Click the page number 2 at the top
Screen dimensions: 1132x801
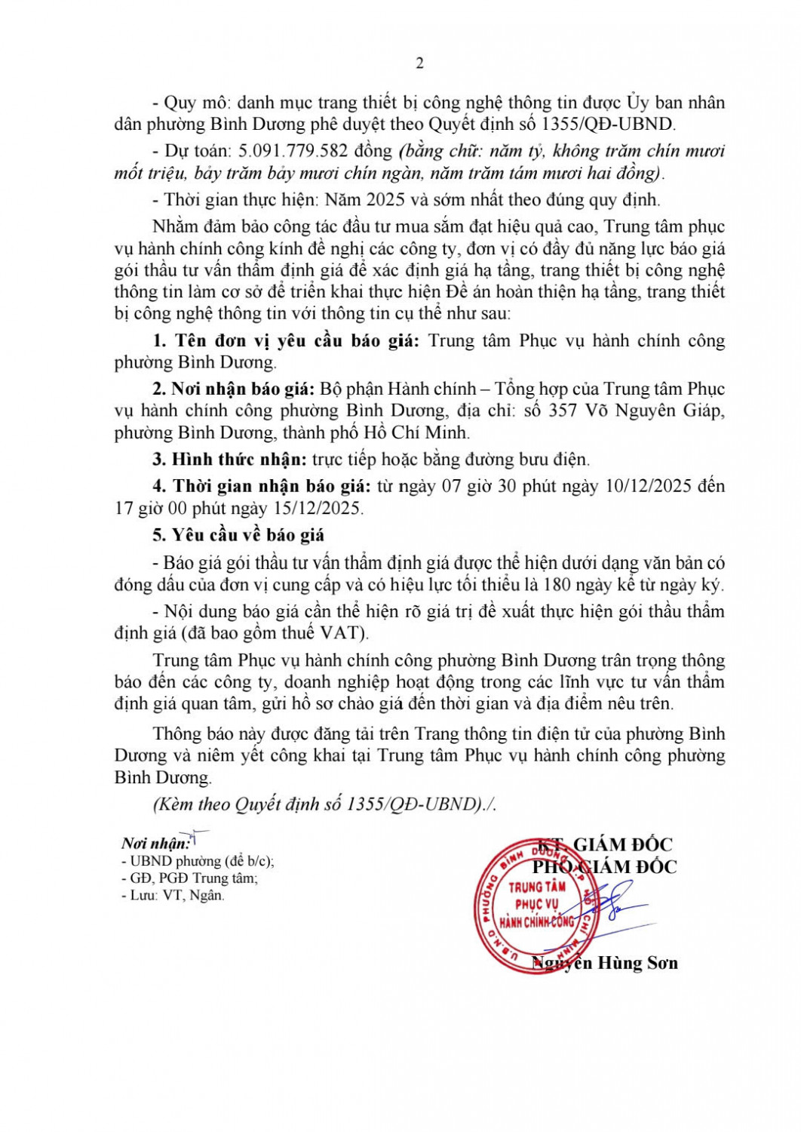419,63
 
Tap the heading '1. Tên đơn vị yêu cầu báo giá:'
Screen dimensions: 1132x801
285,340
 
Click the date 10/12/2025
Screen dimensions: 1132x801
649,486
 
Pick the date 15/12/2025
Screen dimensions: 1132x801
319,508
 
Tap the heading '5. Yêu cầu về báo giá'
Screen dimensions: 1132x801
238,535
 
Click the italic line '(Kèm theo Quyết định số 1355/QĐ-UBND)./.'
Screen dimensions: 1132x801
324,804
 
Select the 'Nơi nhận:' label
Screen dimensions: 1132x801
155,844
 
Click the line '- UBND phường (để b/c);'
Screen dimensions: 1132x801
198,861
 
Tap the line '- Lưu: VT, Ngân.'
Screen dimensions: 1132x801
173,896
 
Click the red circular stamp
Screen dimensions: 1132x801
536,905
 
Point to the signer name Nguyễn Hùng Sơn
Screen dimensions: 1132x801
605,963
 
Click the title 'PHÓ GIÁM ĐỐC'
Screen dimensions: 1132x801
605,867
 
